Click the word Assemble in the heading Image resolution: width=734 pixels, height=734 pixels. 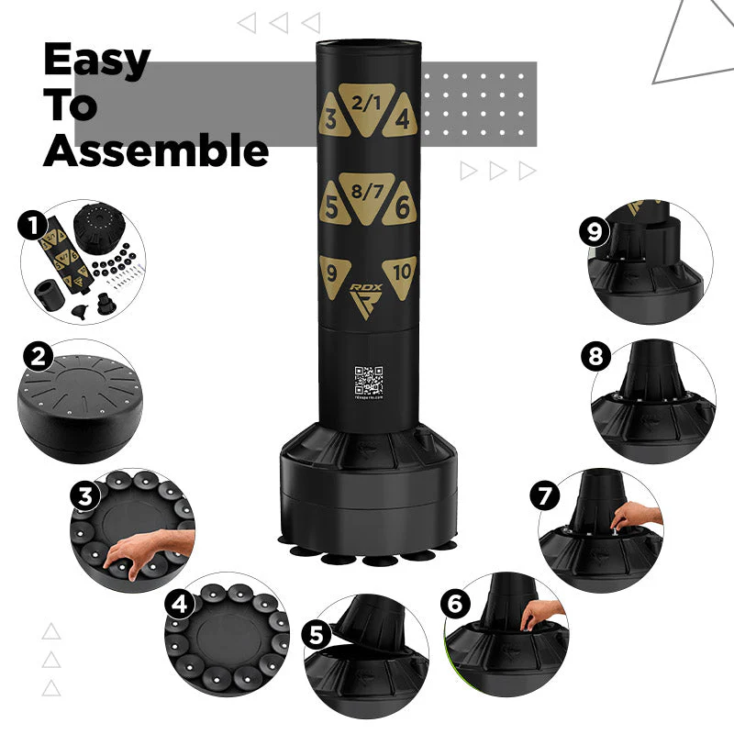pyautogui.click(x=156, y=150)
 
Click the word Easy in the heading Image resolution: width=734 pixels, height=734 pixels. pyautogui.click(x=96, y=60)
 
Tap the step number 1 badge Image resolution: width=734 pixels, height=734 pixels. pyautogui.click(x=34, y=224)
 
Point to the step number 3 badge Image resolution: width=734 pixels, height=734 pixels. pyautogui.click(x=86, y=496)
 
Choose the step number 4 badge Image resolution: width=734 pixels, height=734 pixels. pyautogui.click(x=180, y=605)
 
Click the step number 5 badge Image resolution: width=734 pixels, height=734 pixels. pyautogui.click(x=317, y=635)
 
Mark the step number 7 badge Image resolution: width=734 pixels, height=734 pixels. pyautogui.click(x=547, y=496)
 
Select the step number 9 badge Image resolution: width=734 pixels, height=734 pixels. pyautogui.click(x=595, y=231)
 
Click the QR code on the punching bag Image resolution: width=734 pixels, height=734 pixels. pyautogui.click(x=368, y=380)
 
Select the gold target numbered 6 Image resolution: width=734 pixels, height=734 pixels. pyautogui.click(x=400, y=207)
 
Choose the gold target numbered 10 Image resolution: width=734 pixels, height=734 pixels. pyautogui.click(x=400, y=272)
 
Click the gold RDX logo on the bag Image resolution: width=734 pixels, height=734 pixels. pyautogui.click(x=366, y=299)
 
